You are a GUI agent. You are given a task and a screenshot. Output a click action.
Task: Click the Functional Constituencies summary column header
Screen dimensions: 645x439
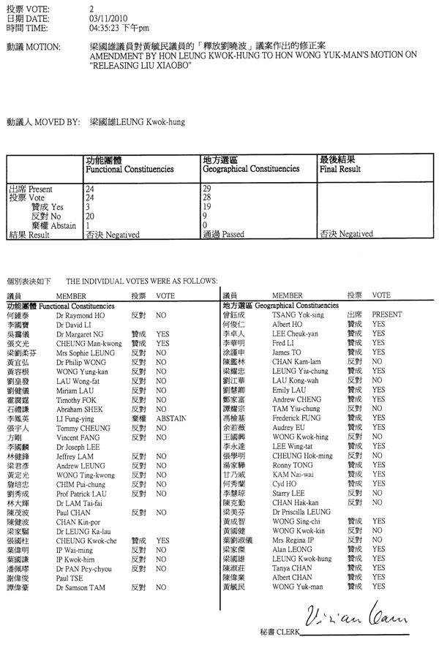130,169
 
